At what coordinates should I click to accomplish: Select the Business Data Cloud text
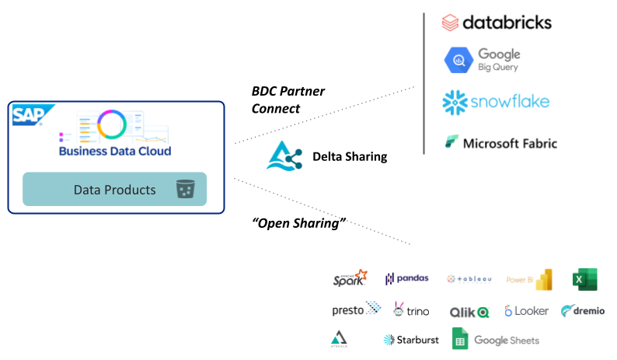point(115,151)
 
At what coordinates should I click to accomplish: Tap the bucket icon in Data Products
point(185,189)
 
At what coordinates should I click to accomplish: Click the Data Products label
point(114,190)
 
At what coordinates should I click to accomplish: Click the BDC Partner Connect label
point(288,100)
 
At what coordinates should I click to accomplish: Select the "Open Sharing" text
point(298,223)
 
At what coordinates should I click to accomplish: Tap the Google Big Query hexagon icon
point(456,60)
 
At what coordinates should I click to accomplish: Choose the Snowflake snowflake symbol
point(455,102)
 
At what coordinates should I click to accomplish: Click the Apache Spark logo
point(349,279)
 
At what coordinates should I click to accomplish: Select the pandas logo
point(406,279)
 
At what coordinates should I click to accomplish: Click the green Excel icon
point(584,279)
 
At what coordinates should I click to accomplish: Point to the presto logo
point(356,310)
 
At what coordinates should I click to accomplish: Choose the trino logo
point(411,310)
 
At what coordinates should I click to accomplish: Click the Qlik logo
point(469,312)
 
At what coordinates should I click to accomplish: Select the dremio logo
point(582,311)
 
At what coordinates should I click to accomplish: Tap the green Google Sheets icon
point(460,340)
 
